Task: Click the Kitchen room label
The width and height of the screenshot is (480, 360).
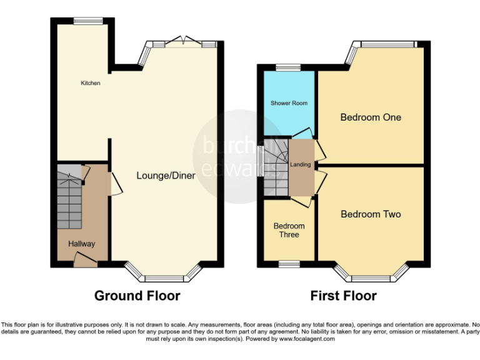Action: coord(90,83)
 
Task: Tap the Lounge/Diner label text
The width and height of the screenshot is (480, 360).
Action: coord(166,176)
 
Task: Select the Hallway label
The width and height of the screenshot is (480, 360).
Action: coord(82,244)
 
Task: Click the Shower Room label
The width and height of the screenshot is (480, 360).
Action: coord(289,102)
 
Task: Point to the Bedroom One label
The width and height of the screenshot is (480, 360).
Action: coord(371,117)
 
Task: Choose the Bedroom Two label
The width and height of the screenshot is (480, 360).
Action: coord(371,214)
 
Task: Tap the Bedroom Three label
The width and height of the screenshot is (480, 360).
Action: coord(289,230)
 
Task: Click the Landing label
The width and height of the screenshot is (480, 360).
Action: coord(301,164)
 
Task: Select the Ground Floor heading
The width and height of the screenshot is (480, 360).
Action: coord(137,296)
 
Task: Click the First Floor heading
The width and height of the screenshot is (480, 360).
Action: coord(343,296)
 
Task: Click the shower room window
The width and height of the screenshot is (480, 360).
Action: coord(288,67)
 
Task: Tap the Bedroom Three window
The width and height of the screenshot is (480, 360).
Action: coord(288,262)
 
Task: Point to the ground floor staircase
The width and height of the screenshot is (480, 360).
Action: coord(69,197)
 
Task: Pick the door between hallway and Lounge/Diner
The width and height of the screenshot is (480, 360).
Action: coord(115,182)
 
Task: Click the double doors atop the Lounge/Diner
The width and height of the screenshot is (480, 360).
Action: coord(181,42)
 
